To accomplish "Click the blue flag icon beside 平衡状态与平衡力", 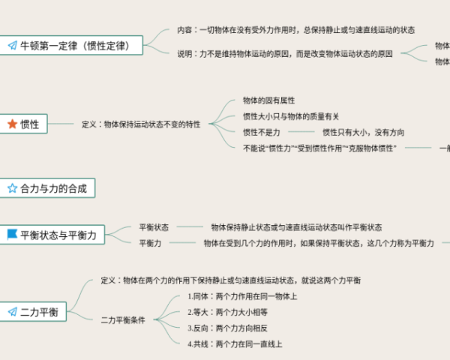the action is pyautogui.click(x=12, y=235).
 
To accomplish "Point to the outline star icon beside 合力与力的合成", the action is pyautogui.click(x=12, y=189).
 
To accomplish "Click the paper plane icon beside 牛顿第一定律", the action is pyautogui.click(x=12, y=46).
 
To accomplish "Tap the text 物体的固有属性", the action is pyautogui.click(x=268, y=100).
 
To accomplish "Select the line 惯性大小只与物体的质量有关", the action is pyautogui.click(x=291, y=116).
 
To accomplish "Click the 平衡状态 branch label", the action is pyautogui.click(x=154, y=226).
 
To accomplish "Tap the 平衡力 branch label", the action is pyautogui.click(x=150, y=243).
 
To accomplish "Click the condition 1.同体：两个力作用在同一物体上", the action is pyautogui.click(x=241, y=296).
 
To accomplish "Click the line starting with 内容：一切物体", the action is pyautogui.click(x=295, y=29).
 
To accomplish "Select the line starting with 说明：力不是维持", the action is pyautogui.click(x=285, y=54).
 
